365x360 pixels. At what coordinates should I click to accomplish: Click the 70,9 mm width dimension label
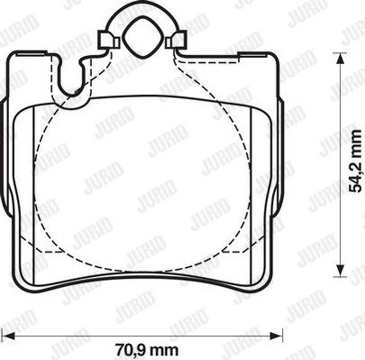click(x=147, y=350)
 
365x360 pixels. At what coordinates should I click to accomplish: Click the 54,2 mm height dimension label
click(x=357, y=161)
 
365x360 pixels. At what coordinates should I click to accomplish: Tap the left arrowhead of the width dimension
click(x=8, y=336)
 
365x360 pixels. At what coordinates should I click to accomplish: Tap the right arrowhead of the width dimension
click(x=277, y=336)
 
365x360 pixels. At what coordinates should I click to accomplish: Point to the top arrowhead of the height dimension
click(x=340, y=59)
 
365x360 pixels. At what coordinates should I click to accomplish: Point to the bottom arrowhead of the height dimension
click(x=340, y=270)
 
